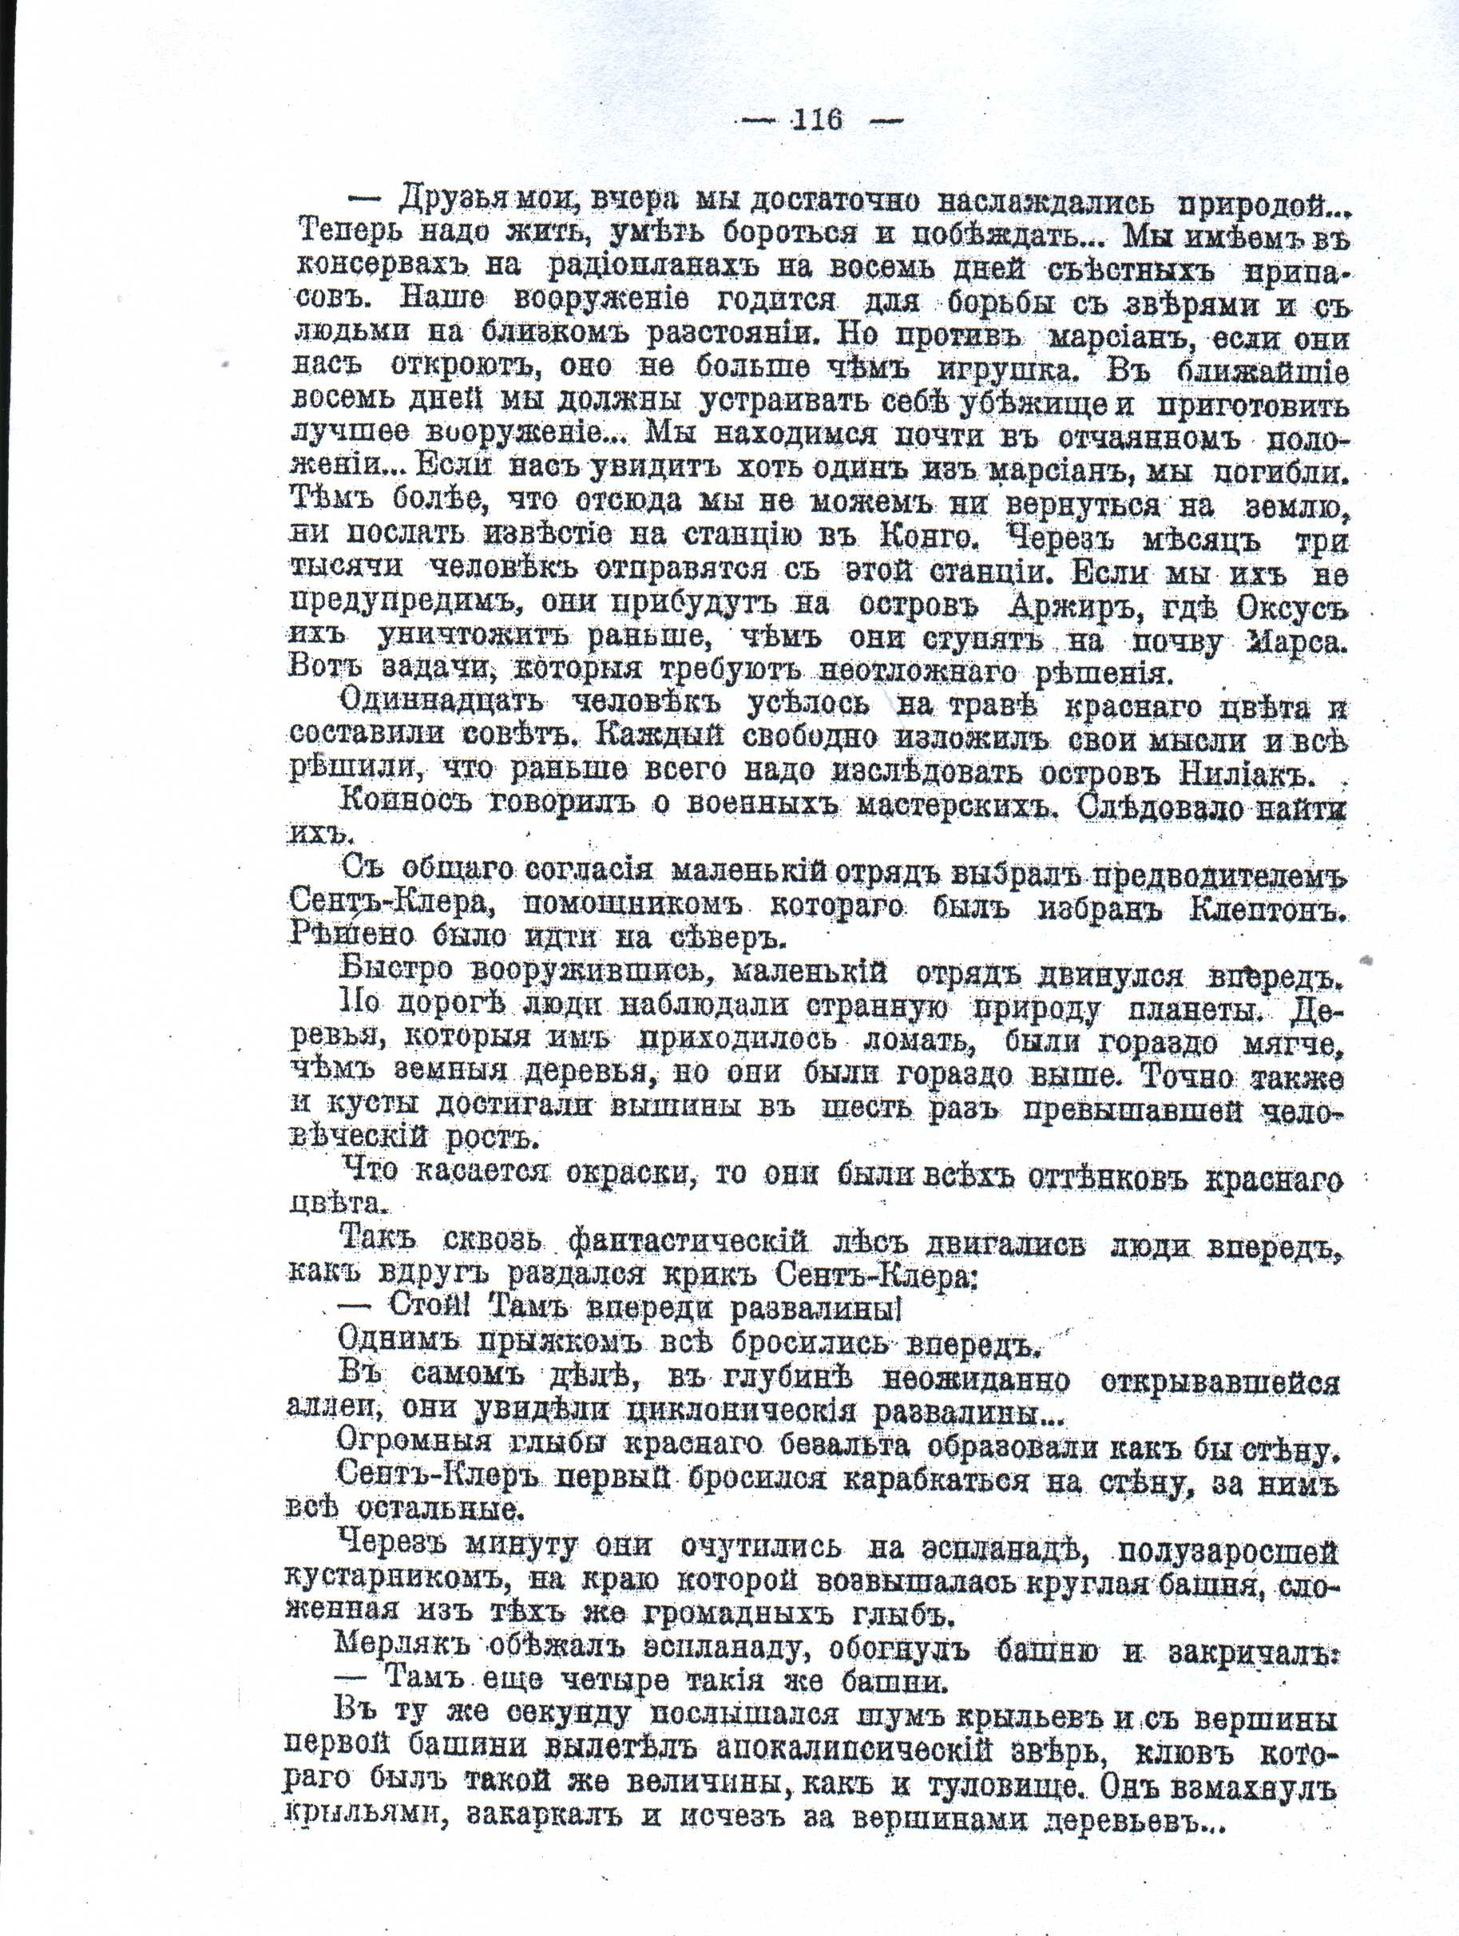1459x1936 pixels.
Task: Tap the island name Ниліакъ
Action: click(x=1257, y=774)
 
